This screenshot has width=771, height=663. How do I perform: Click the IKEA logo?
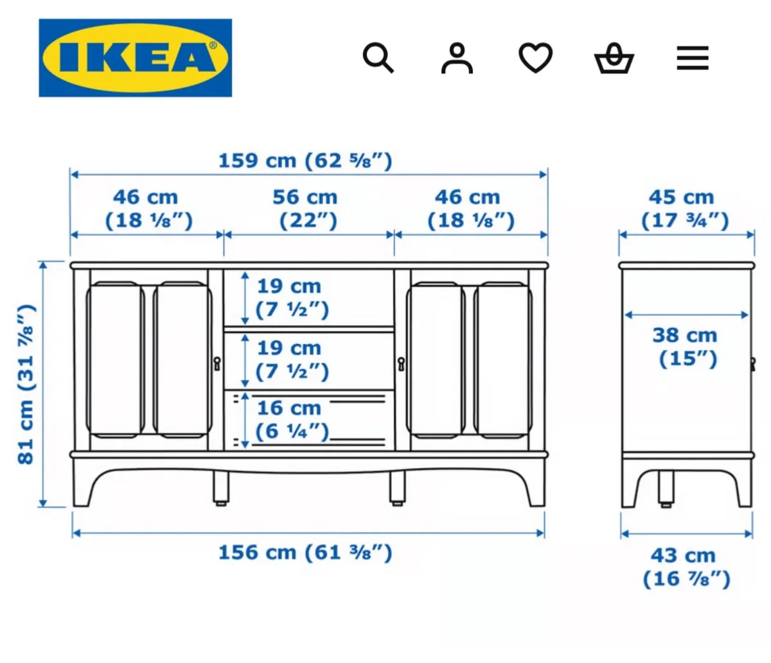136,58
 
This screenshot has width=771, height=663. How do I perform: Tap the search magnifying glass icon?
378,58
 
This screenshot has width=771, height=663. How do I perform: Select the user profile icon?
457,58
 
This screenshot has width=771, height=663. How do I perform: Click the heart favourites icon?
535,58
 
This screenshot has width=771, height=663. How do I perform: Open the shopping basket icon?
614,58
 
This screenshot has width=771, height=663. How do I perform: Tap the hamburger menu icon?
693,58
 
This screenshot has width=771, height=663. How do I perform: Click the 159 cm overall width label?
305,160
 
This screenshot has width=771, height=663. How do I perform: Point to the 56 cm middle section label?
306,209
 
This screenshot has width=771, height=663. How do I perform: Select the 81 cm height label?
26,384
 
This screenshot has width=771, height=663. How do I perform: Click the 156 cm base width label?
305,553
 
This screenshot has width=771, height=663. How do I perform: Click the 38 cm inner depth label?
686,347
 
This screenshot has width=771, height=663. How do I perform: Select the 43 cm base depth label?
686,567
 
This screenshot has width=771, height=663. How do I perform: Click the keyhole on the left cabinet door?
217,363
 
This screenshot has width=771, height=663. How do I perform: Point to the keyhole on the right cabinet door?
402,364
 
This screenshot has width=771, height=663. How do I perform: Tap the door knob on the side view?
752,364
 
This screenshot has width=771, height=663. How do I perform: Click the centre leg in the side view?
666,489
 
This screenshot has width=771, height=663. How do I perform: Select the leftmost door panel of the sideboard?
116,359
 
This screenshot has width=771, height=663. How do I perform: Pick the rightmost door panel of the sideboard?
504,359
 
